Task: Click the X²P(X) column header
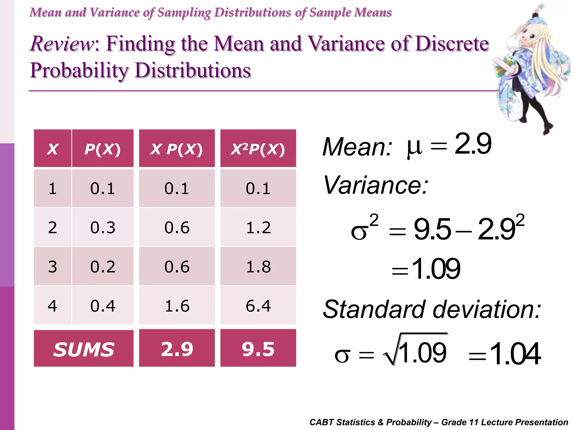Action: (258, 149)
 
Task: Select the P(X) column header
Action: (103, 149)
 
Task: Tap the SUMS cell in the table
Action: (84, 349)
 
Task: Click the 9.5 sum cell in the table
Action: (258, 349)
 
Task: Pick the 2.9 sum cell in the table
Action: (177, 349)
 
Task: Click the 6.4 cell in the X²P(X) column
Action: (258, 306)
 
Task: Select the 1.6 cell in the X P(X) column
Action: (177, 306)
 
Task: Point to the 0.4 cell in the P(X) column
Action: (103, 306)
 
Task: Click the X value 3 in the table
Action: (52, 267)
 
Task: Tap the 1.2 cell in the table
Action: (258, 227)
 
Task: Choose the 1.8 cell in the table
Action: (258, 267)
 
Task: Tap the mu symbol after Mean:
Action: (414, 148)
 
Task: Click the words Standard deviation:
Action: (432, 309)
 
